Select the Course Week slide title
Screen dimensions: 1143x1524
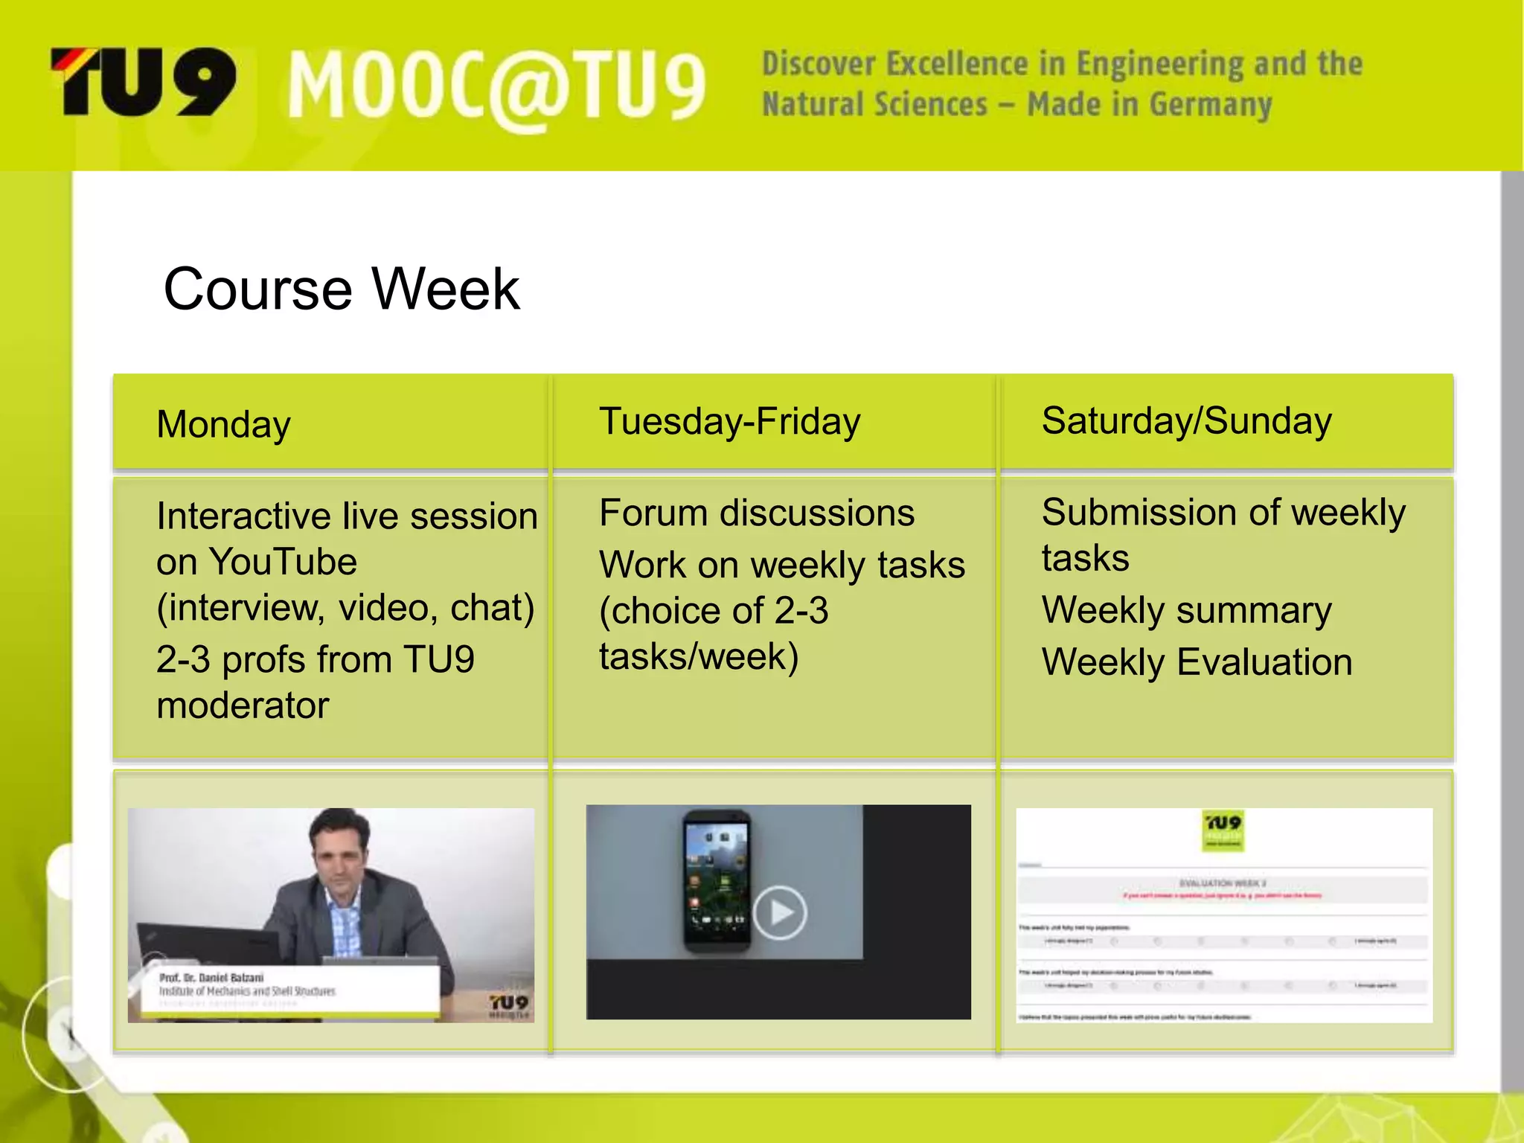tap(341, 289)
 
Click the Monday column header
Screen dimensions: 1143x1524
tap(223, 425)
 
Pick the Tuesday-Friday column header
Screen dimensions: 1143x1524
tap(729, 422)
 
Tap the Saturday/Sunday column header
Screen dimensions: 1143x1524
tap(1186, 421)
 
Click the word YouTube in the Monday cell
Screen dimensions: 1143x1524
tap(283, 562)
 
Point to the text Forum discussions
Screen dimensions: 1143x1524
tap(757, 513)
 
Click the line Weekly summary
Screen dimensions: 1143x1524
tap(1186, 611)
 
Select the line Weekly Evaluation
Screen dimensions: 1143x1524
tap(1197, 662)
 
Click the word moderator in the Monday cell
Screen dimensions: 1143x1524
tap(243, 705)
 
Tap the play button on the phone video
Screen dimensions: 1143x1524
tap(779, 912)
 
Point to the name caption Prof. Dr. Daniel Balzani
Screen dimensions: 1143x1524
tap(211, 977)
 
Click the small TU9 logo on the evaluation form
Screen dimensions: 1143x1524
tap(1223, 827)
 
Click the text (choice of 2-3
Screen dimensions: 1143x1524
tap(714, 612)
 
